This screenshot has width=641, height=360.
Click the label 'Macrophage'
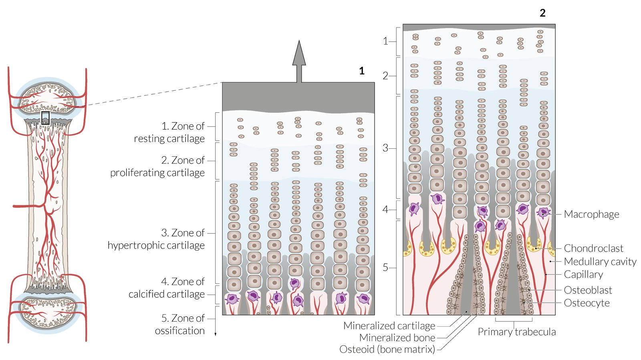tap(591, 214)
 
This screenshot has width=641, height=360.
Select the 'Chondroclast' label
tap(593, 248)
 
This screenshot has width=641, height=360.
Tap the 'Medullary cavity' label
tap(600, 261)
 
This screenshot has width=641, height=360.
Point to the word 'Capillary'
tap(583, 274)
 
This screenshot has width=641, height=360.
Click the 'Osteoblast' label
tap(588, 290)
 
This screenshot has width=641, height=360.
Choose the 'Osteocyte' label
tap(587, 303)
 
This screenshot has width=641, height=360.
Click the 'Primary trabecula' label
tap(516, 332)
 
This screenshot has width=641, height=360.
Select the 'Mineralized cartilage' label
tap(389, 326)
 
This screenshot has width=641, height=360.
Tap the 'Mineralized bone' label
tap(397, 338)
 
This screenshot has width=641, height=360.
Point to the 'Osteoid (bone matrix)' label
tap(387, 349)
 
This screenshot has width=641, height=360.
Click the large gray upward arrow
tap(299, 60)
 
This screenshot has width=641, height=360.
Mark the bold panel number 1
tap(362, 71)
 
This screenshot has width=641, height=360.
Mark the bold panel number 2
tap(542, 13)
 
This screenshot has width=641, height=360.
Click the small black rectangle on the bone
tap(45, 118)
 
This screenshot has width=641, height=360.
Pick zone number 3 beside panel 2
tap(385, 148)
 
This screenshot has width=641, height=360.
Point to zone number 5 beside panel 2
tap(385, 267)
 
